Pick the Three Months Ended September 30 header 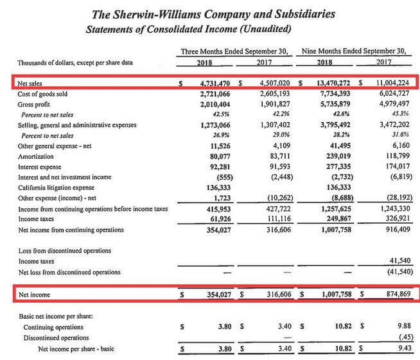tap(235, 51)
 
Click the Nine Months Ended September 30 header tap(354, 51)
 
